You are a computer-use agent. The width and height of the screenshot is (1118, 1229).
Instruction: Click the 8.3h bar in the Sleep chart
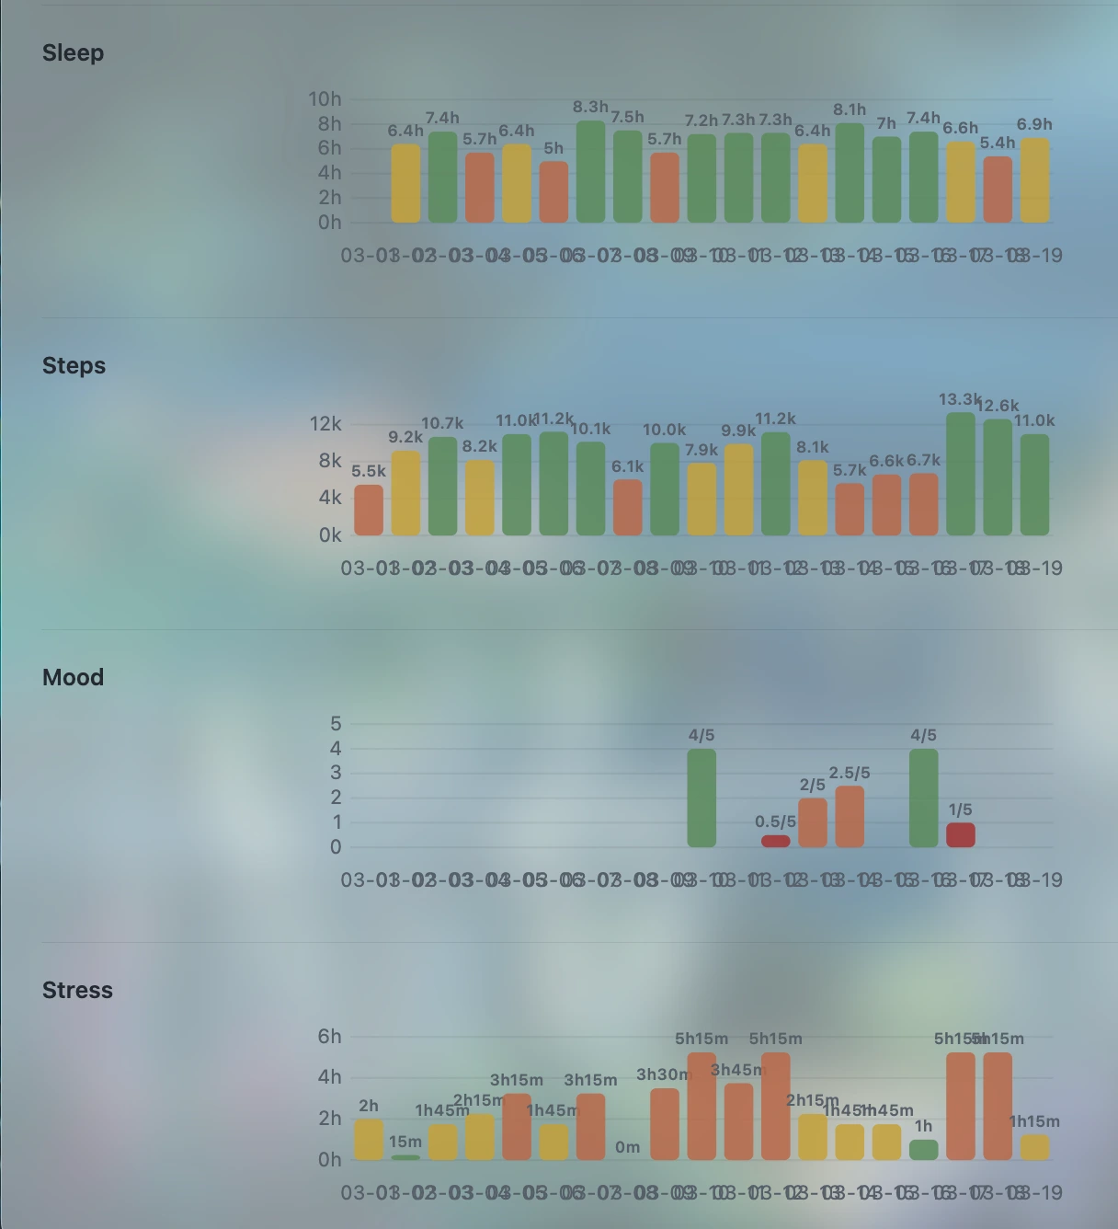point(590,172)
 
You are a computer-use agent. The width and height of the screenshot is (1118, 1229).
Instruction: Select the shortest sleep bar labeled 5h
point(553,192)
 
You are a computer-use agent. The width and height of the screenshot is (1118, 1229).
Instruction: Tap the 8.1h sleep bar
point(850,173)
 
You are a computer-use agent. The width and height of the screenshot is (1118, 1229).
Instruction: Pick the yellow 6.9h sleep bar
point(1034,180)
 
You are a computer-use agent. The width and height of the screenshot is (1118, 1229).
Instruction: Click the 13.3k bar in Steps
point(961,474)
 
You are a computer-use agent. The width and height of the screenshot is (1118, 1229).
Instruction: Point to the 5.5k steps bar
point(369,510)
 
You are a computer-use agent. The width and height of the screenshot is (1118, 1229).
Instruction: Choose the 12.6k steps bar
point(998,477)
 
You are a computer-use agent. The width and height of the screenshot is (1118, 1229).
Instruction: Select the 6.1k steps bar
point(628,507)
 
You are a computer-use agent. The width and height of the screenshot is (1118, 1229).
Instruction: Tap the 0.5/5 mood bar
point(775,841)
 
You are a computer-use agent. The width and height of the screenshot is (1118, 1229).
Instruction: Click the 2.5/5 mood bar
point(850,816)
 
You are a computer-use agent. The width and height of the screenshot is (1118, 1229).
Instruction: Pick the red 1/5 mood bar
point(961,835)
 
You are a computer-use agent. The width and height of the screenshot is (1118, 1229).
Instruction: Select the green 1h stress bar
point(924,1150)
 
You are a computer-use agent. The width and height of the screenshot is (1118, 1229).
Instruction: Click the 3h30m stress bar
point(665,1124)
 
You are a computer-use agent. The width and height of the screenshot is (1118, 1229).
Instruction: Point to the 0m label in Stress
point(628,1147)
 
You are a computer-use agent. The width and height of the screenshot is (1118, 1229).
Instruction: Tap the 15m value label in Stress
point(405,1142)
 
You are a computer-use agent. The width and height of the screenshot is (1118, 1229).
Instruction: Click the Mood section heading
point(74,678)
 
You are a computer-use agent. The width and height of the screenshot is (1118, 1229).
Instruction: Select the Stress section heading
point(77,991)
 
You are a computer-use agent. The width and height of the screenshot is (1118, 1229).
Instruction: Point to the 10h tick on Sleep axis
point(325,99)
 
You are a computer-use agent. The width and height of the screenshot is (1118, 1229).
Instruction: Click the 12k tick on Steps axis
point(325,424)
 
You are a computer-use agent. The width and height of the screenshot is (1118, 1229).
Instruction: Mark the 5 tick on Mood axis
point(336,724)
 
